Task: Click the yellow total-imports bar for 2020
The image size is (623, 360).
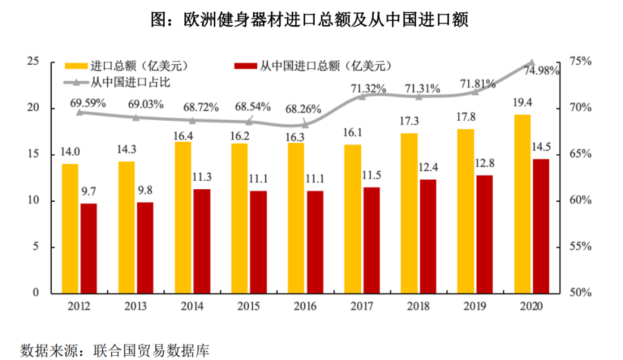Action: (x=522, y=204)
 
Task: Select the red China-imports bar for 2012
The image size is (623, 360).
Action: (x=89, y=248)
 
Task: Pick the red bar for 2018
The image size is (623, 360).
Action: (x=428, y=236)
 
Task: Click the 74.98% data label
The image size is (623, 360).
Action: (x=541, y=71)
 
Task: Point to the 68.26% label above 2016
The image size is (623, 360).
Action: (x=303, y=109)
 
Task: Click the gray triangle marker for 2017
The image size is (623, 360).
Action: (x=362, y=96)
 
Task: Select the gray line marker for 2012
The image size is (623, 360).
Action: (x=79, y=112)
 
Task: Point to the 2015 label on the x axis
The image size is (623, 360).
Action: (x=249, y=306)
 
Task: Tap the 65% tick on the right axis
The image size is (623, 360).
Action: (x=580, y=154)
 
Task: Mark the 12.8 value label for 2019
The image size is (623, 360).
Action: (x=486, y=163)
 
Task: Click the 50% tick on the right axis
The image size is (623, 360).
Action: (x=580, y=292)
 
